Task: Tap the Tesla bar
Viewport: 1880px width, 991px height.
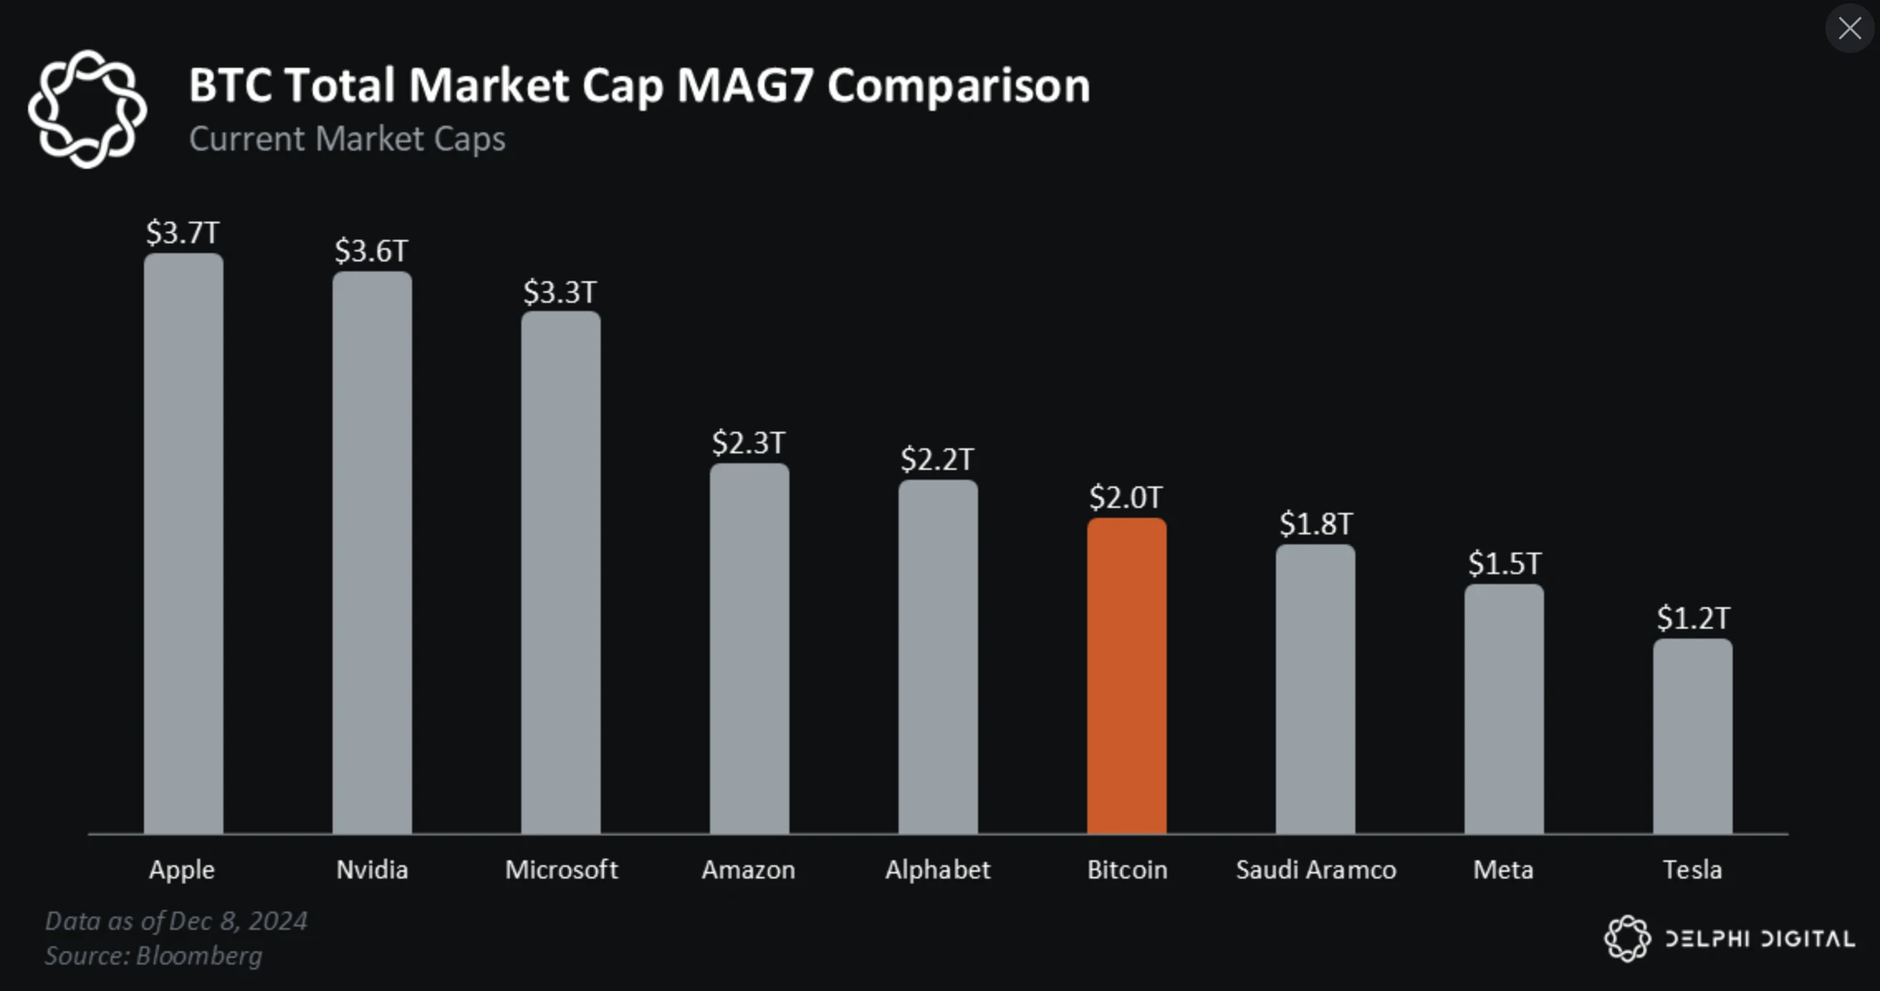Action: [1692, 736]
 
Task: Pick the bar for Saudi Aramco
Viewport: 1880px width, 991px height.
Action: [1315, 689]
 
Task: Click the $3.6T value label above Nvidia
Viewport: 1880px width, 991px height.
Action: [372, 251]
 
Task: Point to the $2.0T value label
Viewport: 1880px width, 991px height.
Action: [1126, 497]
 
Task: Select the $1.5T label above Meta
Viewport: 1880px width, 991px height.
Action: [1504, 563]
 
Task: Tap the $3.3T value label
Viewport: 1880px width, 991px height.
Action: [560, 292]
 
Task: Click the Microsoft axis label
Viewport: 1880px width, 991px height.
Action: [561, 869]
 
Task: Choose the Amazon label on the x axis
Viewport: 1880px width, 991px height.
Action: [748, 869]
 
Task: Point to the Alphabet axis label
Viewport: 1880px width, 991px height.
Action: [938, 869]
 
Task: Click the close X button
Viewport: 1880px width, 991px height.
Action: [1849, 29]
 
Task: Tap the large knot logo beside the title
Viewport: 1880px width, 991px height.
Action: [87, 108]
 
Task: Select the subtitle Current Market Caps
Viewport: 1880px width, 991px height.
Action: [347, 139]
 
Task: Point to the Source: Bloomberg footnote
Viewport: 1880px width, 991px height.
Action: [153, 955]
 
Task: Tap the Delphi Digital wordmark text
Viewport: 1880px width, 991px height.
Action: [1759, 939]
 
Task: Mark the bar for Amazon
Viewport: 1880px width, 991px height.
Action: [749, 649]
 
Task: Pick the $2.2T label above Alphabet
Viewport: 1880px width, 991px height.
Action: [938, 459]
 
